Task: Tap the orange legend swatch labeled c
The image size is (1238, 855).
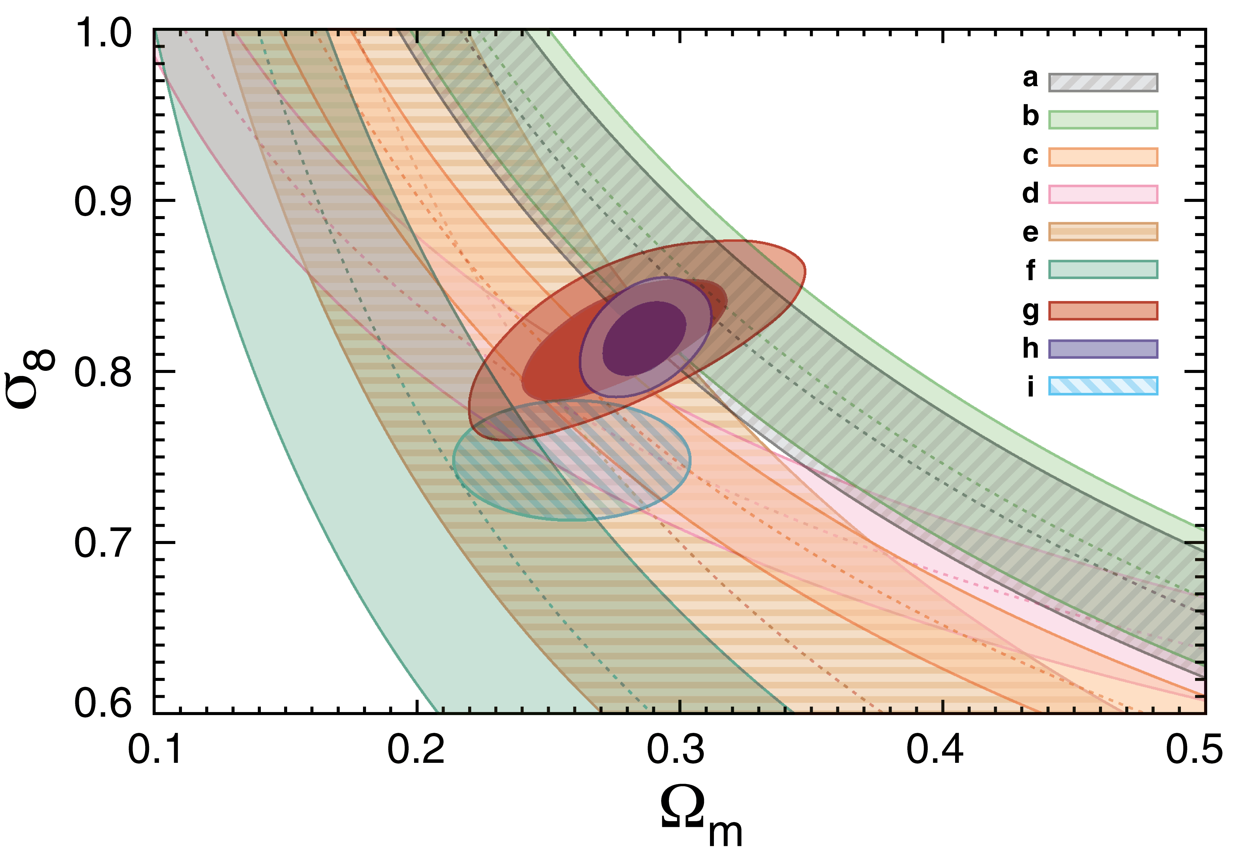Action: coord(1103,157)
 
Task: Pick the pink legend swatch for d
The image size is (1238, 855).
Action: coord(1103,194)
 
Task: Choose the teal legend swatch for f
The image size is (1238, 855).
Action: coord(1103,270)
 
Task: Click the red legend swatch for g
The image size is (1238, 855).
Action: coord(1103,311)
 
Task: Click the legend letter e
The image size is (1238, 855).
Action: coord(1030,232)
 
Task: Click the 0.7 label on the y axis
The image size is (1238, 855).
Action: coord(102,543)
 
